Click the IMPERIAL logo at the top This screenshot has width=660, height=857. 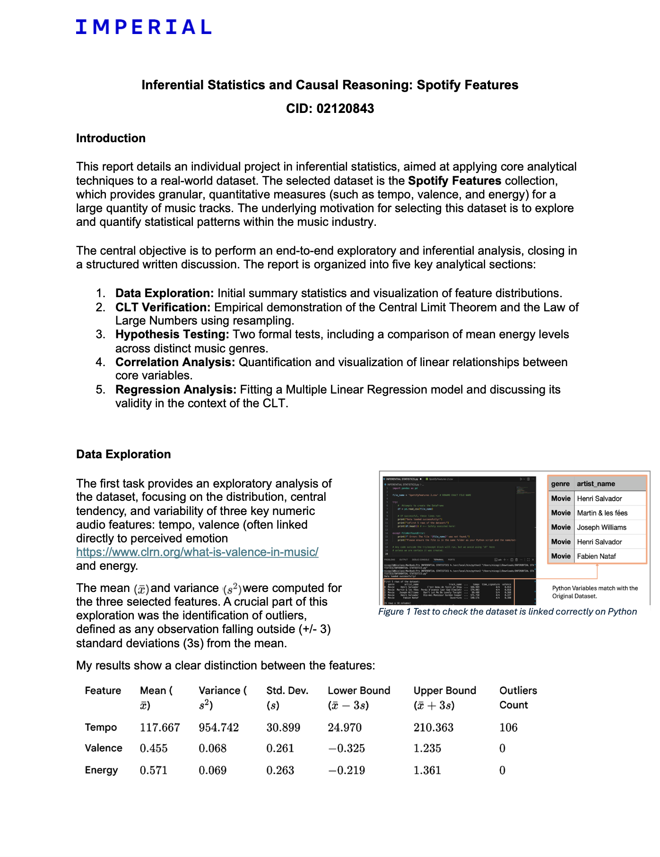pyautogui.click(x=143, y=27)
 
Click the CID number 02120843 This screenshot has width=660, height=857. pyautogui.click(x=345, y=109)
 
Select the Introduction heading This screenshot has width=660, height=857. pyautogui.click(x=111, y=138)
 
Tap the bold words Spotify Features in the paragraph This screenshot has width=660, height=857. pyautogui.click(x=454, y=180)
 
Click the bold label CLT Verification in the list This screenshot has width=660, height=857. pyautogui.click(x=163, y=307)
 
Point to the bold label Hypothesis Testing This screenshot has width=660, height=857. pyautogui.click(x=172, y=334)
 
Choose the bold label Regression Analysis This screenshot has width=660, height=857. pyautogui.click(x=176, y=390)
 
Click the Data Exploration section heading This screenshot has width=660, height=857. pyautogui.click(x=123, y=454)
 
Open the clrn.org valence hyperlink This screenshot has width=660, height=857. pyautogui.click(x=197, y=552)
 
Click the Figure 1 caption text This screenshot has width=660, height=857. pyautogui.click(x=507, y=611)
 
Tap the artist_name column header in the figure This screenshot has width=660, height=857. pyautogui.click(x=596, y=484)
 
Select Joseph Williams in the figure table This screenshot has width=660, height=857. pyautogui.click(x=601, y=527)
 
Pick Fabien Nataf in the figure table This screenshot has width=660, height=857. pyautogui.click(x=596, y=556)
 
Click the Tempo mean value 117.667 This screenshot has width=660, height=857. pyautogui.click(x=160, y=728)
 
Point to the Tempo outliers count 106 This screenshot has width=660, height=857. pyautogui.click(x=508, y=728)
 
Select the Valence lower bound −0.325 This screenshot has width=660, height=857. pyautogui.click(x=346, y=748)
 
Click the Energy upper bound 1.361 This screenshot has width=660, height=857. pyautogui.click(x=427, y=771)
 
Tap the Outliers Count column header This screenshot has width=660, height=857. pyautogui.click(x=518, y=698)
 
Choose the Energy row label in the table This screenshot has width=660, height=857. pyautogui.click(x=101, y=770)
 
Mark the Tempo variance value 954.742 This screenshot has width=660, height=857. pyautogui.click(x=218, y=728)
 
